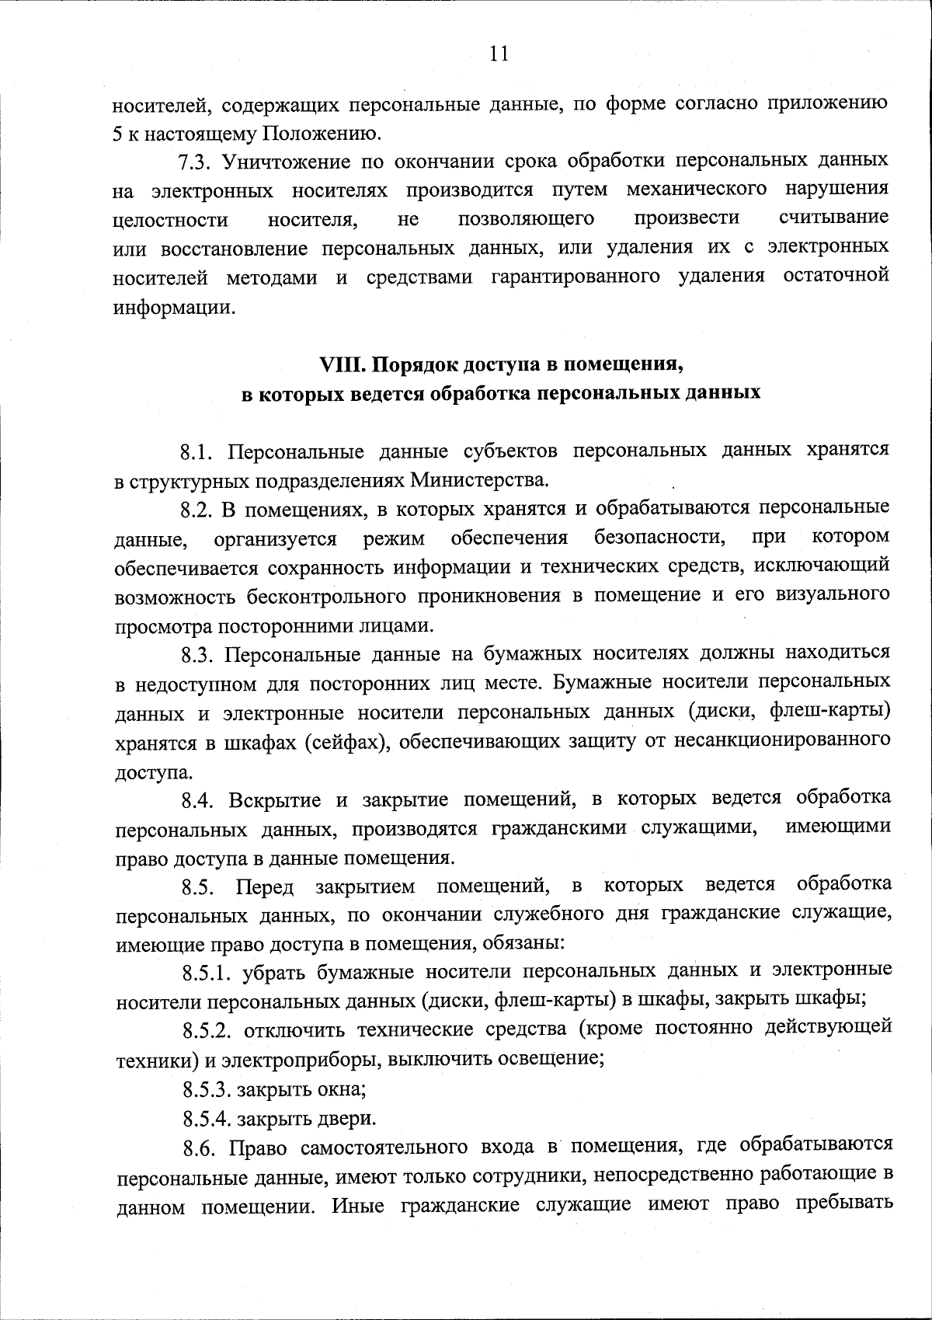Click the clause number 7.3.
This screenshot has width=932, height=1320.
point(195,162)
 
